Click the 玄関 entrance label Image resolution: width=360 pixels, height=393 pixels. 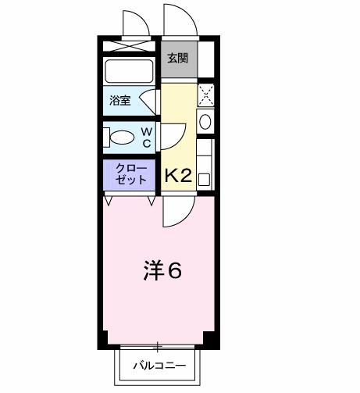point(177,58)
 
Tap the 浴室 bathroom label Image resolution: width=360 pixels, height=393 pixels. point(120,99)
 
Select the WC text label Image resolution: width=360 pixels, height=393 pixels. point(147,138)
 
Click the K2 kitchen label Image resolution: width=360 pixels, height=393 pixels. point(177,176)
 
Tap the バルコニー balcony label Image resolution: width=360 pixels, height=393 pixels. point(159,365)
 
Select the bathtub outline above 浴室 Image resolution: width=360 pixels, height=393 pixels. point(130,72)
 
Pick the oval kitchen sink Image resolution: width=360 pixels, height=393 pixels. point(205,121)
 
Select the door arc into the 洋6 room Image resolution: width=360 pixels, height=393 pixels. point(179,209)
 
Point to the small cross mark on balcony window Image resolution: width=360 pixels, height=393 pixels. point(159,346)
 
